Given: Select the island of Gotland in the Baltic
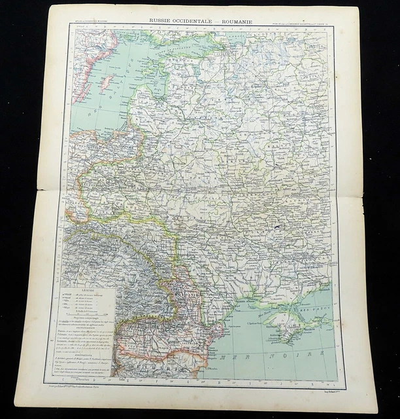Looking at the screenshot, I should (104, 83).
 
